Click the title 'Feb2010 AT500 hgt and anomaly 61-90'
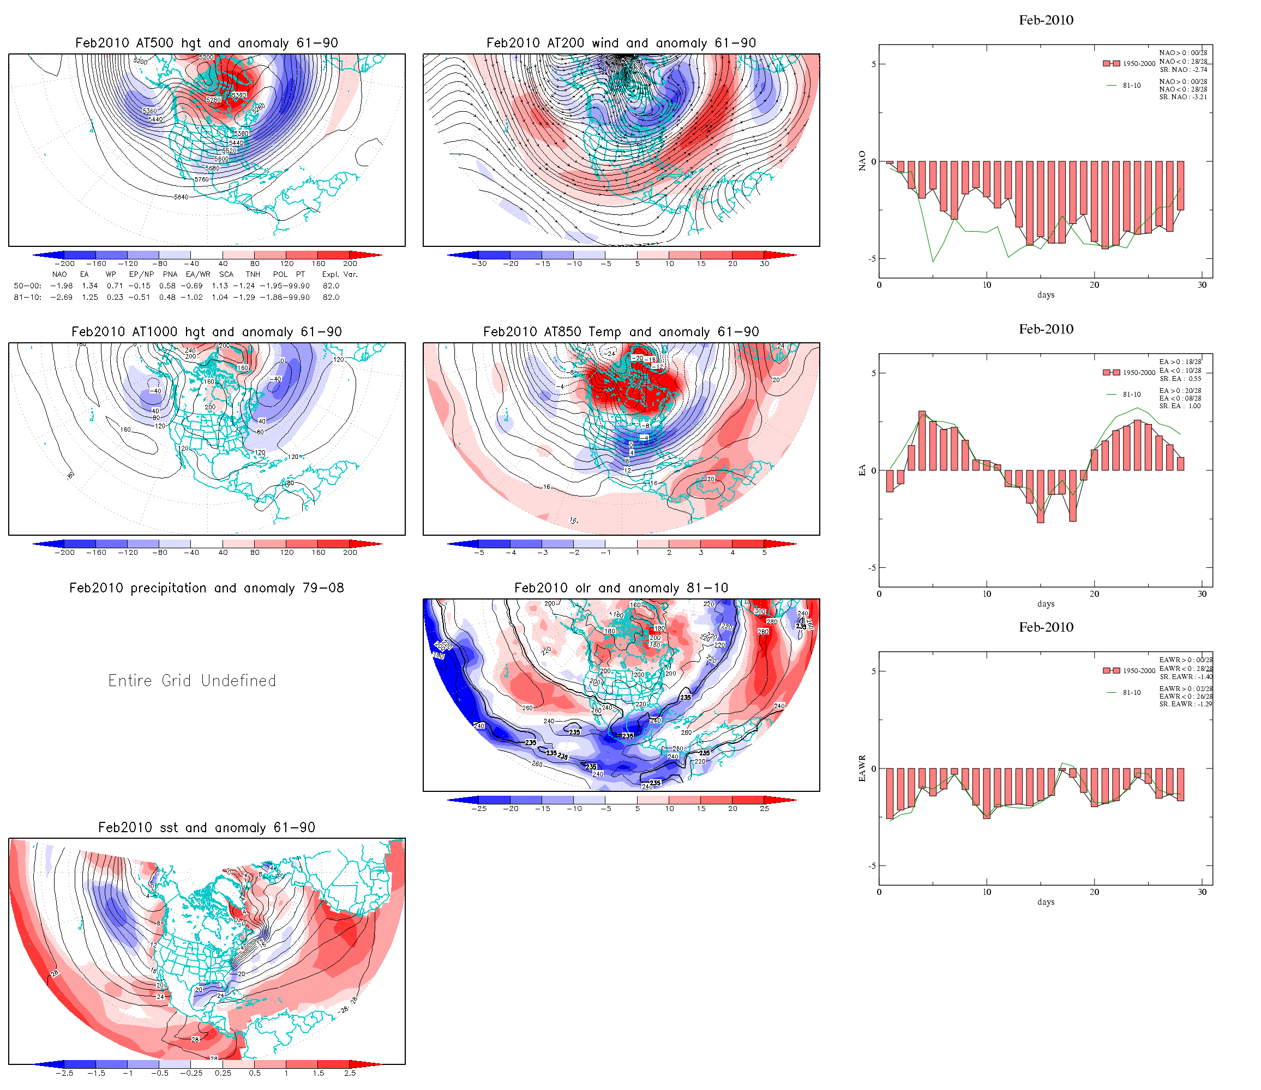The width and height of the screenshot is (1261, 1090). pos(206,43)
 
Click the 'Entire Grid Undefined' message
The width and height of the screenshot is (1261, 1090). pos(193,681)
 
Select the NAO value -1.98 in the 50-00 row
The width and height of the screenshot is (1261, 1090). pos(62,286)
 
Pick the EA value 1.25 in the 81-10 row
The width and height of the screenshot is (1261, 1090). pos(90,298)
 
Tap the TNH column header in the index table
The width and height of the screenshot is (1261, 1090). pos(253,274)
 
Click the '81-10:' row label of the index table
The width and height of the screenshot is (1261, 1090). pos(27,298)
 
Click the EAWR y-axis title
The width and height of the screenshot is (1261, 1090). pos(862,768)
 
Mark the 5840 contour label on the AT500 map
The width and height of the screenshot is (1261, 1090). pos(182,197)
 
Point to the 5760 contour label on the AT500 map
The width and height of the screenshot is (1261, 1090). pos(201,179)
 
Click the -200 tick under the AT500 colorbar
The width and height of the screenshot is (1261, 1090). pos(64,264)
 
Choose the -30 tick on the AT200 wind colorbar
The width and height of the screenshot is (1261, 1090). pos(479,264)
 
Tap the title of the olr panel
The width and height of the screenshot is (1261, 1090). pos(621,588)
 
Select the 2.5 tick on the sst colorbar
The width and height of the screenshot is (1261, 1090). pos(350,1073)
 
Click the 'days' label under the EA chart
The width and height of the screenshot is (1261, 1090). pos(1046,604)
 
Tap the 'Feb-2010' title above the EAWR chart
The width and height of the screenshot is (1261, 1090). pos(1046,627)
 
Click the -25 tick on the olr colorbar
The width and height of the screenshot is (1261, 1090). pos(479,809)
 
